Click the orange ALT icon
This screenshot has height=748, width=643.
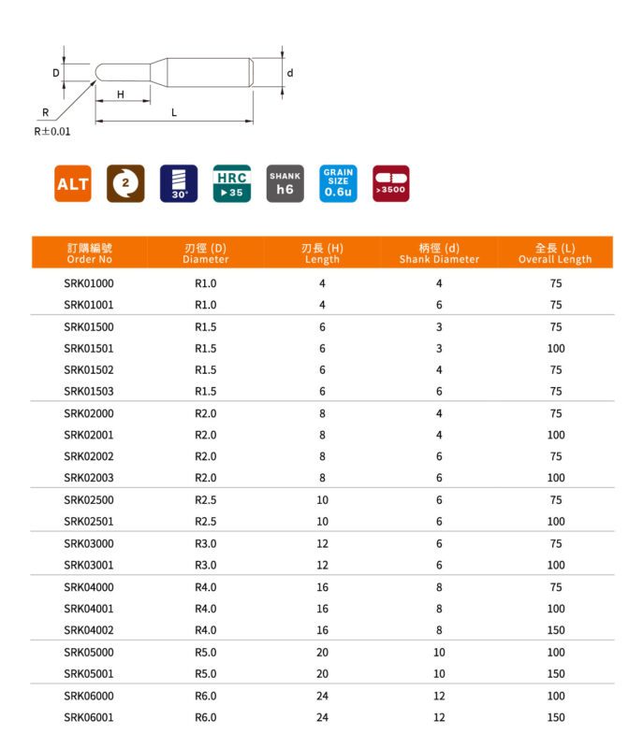click(x=72, y=184)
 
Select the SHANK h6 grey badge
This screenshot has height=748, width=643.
click(x=285, y=184)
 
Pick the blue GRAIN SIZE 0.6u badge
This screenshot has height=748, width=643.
click(x=338, y=184)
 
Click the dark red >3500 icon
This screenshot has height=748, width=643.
click(x=390, y=184)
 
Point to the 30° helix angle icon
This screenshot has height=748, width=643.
click(x=179, y=184)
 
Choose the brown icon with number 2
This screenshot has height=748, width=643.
click(x=125, y=184)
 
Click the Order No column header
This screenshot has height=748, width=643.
click(x=90, y=253)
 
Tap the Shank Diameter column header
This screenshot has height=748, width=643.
click(x=439, y=253)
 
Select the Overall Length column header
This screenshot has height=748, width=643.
click(x=555, y=253)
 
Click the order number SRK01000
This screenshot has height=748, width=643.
click(x=89, y=282)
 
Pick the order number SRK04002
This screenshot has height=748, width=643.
click(x=89, y=630)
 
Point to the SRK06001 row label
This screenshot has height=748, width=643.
click(x=89, y=717)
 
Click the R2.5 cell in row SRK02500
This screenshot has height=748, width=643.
click(x=205, y=500)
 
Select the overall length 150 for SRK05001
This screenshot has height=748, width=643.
click(x=556, y=673)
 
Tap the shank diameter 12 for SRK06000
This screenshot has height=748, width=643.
click(x=439, y=696)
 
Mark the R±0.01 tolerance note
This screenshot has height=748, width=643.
click(x=52, y=132)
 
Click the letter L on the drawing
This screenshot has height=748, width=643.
click(x=174, y=112)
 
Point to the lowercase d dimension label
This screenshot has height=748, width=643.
click(x=290, y=73)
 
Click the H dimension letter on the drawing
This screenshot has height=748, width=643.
click(x=121, y=94)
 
